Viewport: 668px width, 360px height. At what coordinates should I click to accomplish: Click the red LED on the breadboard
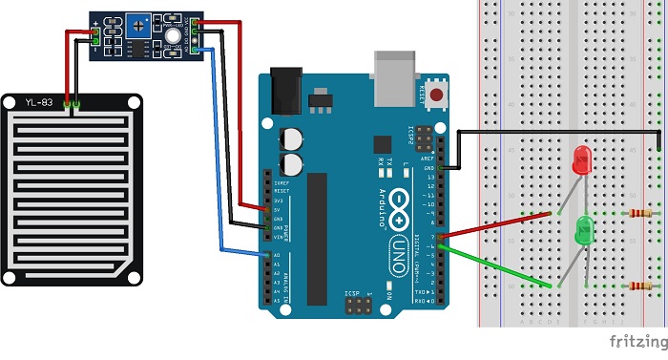tap(581, 159)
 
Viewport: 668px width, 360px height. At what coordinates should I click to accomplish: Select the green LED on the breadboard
tap(584, 228)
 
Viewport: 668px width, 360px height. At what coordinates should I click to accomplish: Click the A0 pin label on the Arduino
tap(277, 255)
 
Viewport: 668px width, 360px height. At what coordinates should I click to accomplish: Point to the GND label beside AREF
tap(428, 168)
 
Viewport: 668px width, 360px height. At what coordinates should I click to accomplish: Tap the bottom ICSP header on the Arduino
tap(359, 306)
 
